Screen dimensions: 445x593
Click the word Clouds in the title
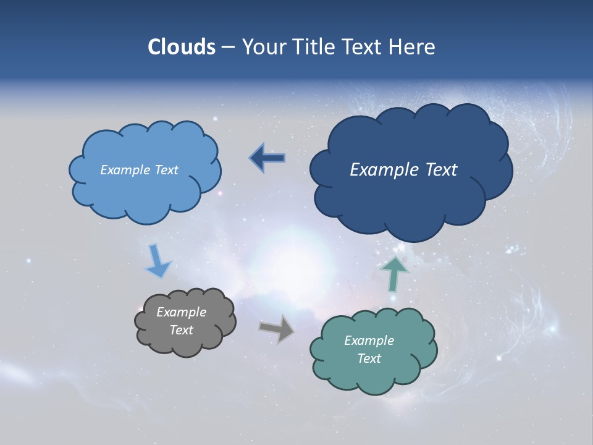click(x=182, y=47)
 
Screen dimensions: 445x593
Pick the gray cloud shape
click(x=185, y=343)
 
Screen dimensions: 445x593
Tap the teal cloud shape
click(x=374, y=374)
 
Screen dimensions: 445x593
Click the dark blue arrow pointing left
click(x=267, y=158)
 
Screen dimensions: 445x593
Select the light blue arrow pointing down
click(x=157, y=261)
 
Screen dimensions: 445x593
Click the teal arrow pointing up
click(x=394, y=274)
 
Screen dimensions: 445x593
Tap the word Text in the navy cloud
click(x=441, y=170)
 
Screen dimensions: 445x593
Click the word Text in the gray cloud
click(x=181, y=330)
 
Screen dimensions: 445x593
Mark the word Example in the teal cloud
click(x=369, y=341)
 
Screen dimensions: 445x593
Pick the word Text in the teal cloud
click(x=369, y=358)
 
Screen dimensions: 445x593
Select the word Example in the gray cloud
click(x=181, y=312)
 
